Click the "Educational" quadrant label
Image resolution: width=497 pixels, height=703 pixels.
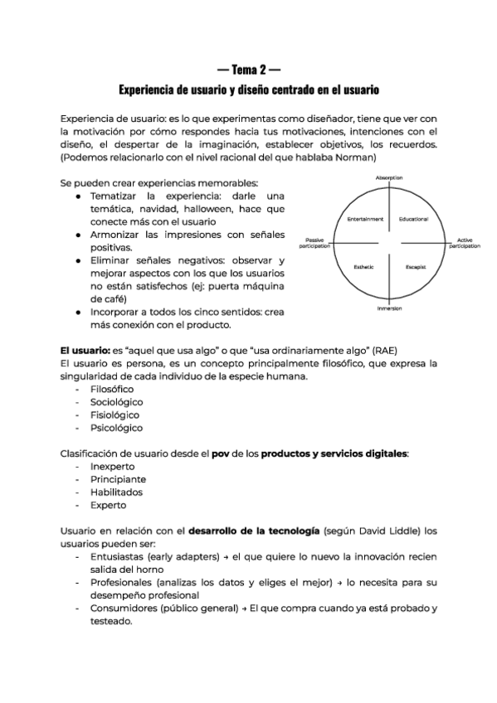point(412,219)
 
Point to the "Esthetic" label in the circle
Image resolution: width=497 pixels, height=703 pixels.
point(364,266)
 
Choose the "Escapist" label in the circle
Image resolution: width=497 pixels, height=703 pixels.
point(415,266)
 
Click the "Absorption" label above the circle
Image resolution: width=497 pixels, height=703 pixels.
point(389,178)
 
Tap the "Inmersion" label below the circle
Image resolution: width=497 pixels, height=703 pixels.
point(389,308)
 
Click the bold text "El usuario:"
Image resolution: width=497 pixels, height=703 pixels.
point(88,350)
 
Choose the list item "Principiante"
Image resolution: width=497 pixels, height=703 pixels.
point(118,479)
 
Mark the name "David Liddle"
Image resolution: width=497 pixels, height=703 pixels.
point(383,531)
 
